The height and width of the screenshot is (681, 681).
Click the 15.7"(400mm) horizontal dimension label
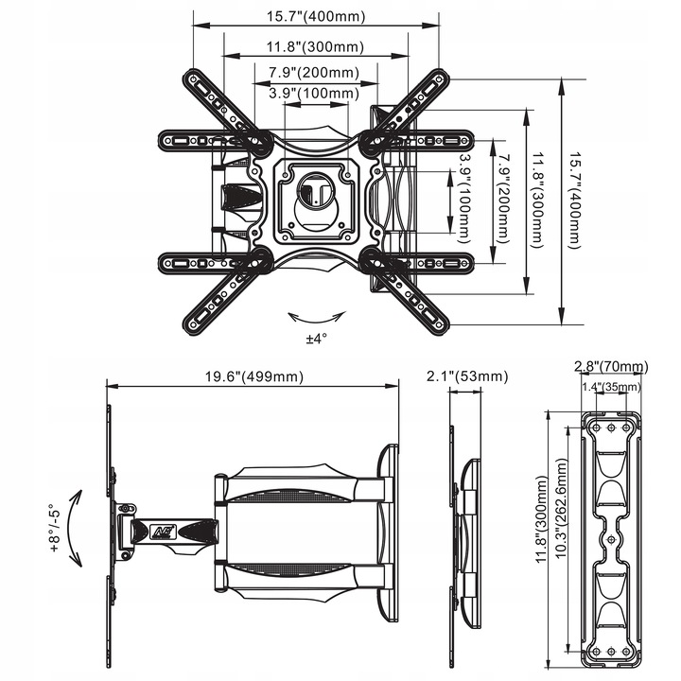click(316, 17)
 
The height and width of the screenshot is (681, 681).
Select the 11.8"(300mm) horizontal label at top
click(314, 46)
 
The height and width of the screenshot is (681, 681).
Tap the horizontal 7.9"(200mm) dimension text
click(313, 73)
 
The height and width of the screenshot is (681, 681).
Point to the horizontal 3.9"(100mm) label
click(313, 94)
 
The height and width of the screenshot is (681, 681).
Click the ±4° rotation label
click(316, 338)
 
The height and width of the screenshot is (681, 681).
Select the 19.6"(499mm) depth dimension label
click(253, 376)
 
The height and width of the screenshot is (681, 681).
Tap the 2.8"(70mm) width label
click(610, 366)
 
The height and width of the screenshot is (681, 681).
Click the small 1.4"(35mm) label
click(610, 386)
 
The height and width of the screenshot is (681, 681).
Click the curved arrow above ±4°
click(316, 315)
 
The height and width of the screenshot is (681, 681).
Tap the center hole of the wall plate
click(611, 540)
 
